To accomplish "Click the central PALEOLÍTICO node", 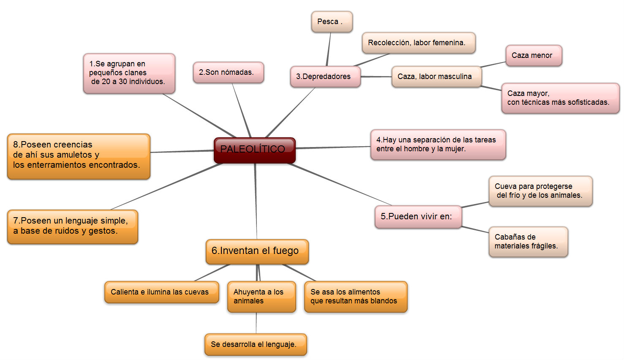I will pyautogui.click(x=254, y=150).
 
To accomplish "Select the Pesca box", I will pyautogui.click(x=332, y=22).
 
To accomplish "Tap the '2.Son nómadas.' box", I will pyautogui.click(x=228, y=73).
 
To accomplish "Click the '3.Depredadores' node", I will pyautogui.click(x=325, y=77).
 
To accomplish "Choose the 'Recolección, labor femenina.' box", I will pyautogui.click(x=418, y=43).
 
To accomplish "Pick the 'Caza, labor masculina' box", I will pyautogui.click(x=436, y=77).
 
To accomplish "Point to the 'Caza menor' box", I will pyautogui.click(x=533, y=56).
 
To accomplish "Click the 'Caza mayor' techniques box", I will pyautogui.click(x=560, y=98).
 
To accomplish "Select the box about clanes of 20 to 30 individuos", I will pyautogui.click(x=129, y=73).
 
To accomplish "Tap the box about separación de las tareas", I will pyautogui.click(x=438, y=145).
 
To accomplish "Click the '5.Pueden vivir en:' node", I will pyautogui.click(x=418, y=217).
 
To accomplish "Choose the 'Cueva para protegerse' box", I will pyautogui.click(x=540, y=191).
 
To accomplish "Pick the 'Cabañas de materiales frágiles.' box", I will pyautogui.click(x=528, y=242).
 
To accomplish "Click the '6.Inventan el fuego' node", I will pyautogui.click(x=257, y=251).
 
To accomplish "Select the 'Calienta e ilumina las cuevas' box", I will pyautogui.click(x=161, y=292).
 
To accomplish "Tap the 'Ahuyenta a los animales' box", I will pyautogui.click(x=261, y=297).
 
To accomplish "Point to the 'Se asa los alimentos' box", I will pyautogui.click(x=355, y=297).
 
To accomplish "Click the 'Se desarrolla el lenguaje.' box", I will pyautogui.click(x=255, y=345).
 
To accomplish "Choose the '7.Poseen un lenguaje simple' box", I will pyautogui.click(x=72, y=226).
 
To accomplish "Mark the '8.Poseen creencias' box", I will pyautogui.click(x=79, y=156).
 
